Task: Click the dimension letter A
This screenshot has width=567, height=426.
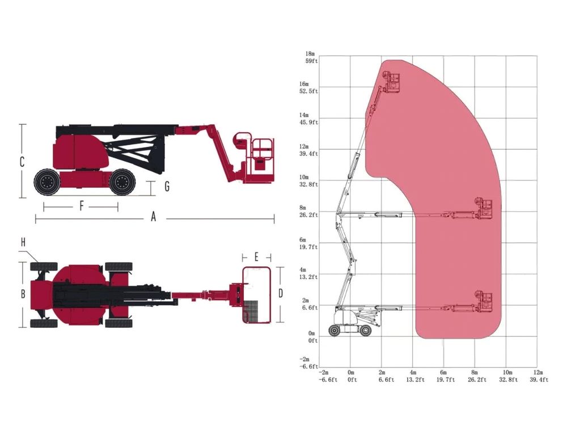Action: point(153,217)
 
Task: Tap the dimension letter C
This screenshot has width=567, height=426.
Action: point(22,162)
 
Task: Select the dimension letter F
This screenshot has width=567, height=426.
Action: point(82,206)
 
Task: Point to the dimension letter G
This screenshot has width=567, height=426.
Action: point(167,186)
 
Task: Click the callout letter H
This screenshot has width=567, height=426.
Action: point(23,242)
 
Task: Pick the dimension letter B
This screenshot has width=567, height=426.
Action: point(23,294)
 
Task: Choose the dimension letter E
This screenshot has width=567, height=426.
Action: point(256,257)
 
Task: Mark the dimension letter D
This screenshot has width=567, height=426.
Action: point(281,294)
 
